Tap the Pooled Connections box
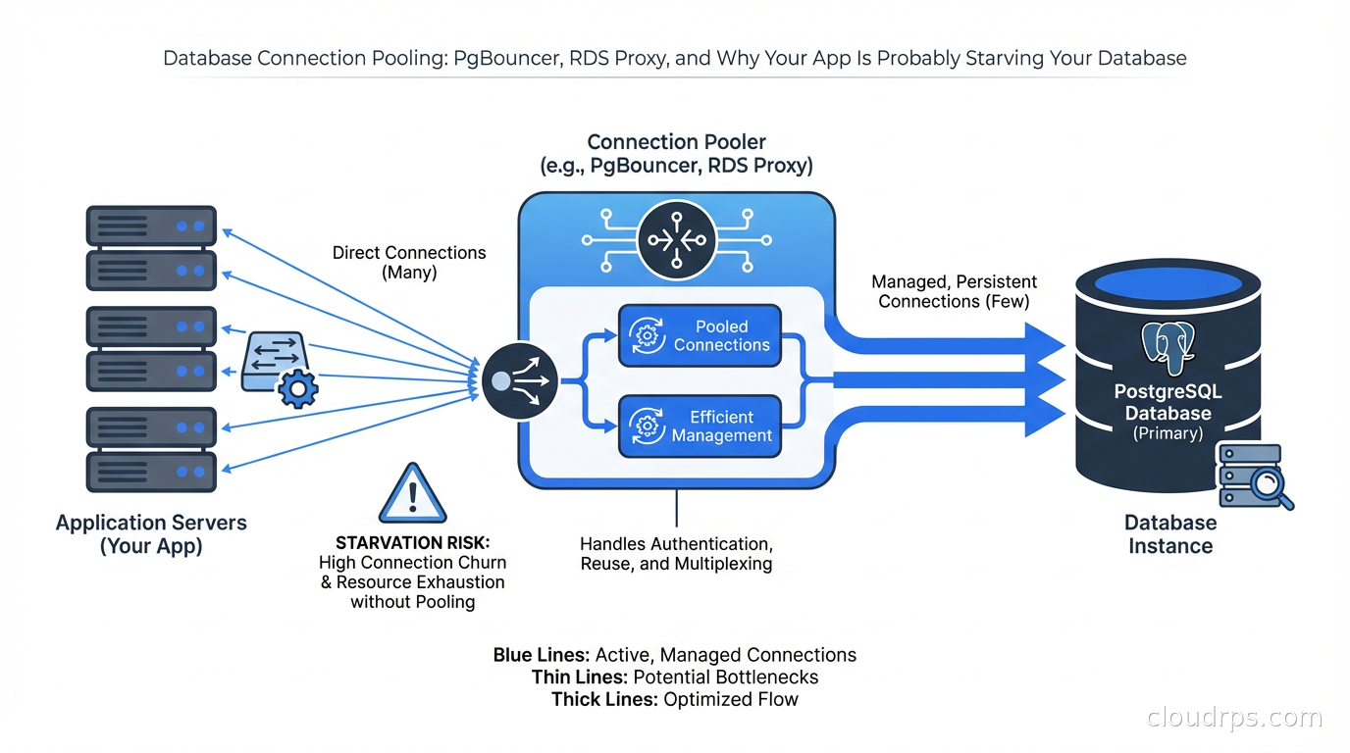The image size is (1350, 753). [700, 336]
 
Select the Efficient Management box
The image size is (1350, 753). [700, 427]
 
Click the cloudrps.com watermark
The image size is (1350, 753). [1234, 718]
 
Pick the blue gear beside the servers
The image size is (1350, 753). [297, 388]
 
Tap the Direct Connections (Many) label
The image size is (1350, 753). [409, 262]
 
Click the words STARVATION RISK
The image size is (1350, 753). [412, 543]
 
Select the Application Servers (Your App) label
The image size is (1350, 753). [151, 534]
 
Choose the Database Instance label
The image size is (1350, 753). [1169, 534]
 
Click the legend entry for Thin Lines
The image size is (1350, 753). [674, 678]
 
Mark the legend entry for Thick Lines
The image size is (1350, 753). [674, 700]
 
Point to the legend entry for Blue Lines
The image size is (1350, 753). [674, 655]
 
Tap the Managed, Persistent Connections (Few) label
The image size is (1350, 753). [954, 291]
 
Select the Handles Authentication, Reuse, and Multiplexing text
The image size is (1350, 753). [676, 554]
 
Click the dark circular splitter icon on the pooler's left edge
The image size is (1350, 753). [520, 380]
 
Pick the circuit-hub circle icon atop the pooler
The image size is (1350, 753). [676, 238]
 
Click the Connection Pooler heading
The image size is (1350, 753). [676, 154]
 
